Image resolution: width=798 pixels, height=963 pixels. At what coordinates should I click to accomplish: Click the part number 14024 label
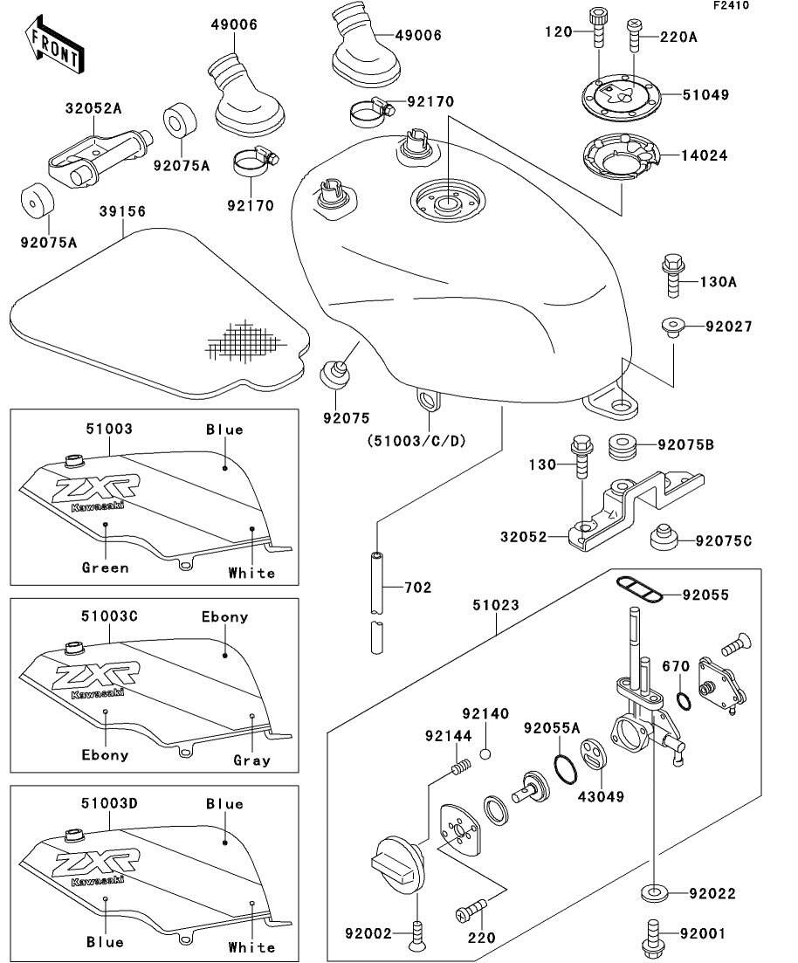click(708, 155)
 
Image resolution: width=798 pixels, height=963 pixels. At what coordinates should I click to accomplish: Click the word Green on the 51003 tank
click(105, 567)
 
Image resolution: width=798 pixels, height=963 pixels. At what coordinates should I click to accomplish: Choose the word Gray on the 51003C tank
click(251, 760)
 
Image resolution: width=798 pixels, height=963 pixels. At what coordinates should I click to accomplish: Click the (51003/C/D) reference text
click(416, 441)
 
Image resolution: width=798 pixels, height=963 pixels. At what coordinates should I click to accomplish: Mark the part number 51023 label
click(495, 603)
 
